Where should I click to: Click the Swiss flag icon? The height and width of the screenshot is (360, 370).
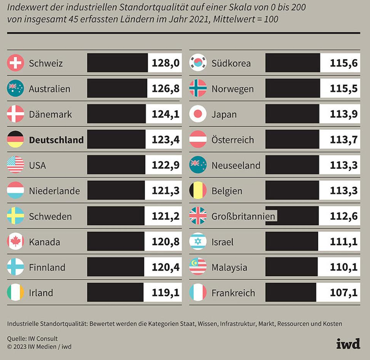click(15, 63)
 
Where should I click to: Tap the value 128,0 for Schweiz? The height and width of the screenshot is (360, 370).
click(165, 63)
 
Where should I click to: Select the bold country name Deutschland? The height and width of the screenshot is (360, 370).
click(56, 140)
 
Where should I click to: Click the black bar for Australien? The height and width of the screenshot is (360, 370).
click(117, 89)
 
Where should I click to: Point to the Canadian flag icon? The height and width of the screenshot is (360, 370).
click(15, 242)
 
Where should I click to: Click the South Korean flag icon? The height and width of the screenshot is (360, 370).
click(198, 63)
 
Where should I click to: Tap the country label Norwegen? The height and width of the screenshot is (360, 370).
click(232, 89)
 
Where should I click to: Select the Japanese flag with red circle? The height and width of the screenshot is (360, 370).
click(198, 114)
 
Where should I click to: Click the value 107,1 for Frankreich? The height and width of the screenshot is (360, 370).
click(343, 292)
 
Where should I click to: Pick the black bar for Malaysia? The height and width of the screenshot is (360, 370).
click(291, 267)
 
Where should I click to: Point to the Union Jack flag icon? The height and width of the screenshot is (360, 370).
click(198, 216)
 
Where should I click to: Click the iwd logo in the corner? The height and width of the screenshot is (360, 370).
click(348, 343)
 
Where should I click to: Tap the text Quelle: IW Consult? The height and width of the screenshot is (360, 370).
click(33, 339)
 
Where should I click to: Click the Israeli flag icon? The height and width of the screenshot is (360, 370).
click(198, 242)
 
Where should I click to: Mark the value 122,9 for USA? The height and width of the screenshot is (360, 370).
click(165, 165)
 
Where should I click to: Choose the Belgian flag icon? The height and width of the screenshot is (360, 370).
click(198, 191)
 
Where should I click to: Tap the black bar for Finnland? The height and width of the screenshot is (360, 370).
click(116, 267)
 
